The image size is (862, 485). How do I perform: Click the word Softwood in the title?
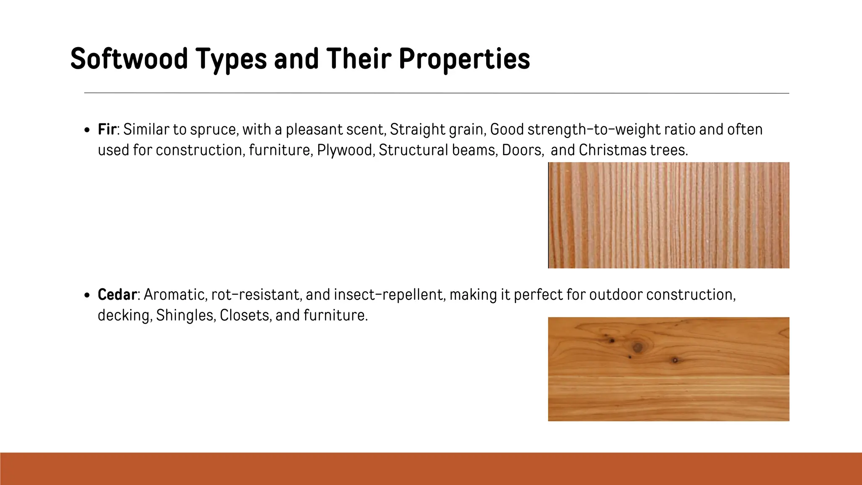[x=129, y=59]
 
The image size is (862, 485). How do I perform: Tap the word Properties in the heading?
[x=464, y=59]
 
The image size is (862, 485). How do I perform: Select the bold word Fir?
[x=106, y=129]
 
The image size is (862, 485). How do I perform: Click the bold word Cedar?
[x=117, y=295]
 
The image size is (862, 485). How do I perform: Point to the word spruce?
[x=214, y=129]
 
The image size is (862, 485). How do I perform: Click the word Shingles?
[x=185, y=315]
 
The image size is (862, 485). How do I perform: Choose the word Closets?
[x=245, y=315]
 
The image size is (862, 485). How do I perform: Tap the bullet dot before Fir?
[x=87, y=130]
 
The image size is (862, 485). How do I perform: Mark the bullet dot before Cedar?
[x=87, y=296]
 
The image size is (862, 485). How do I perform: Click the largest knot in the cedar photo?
[x=637, y=347]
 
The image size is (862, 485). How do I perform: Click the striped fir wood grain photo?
[x=668, y=215]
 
